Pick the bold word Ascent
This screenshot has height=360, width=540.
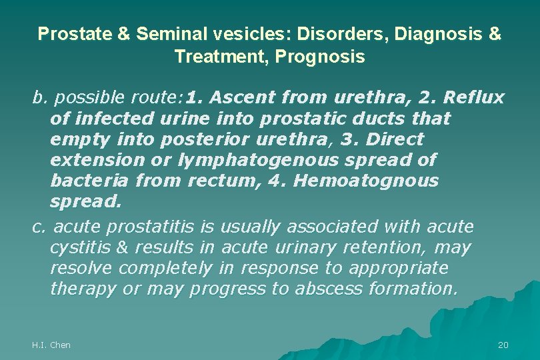pyautogui.click(x=243, y=98)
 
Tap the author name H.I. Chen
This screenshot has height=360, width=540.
pyautogui.click(x=51, y=345)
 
